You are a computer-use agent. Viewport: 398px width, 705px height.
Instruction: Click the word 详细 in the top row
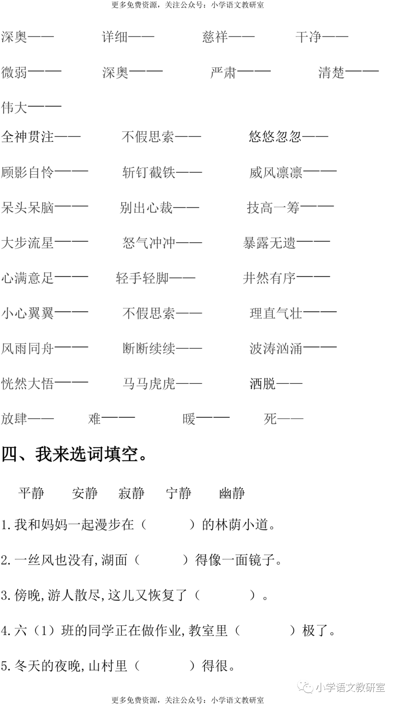coord(115,37)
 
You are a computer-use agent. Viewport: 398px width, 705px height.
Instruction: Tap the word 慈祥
coord(215,37)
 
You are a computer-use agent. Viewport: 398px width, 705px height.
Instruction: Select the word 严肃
coord(223,72)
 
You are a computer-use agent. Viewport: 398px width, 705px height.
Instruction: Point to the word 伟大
coord(14,108)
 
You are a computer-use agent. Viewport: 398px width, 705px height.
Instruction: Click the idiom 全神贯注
coord(28,137)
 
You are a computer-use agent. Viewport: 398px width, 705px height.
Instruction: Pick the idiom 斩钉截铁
coord(149,172)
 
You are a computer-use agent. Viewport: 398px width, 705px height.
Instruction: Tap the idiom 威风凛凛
coord(276,172)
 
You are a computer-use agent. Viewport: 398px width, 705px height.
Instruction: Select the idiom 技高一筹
coord(273,208)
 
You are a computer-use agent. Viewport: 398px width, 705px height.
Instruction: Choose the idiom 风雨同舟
coord(28,348)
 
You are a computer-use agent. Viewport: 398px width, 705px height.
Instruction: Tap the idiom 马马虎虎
coord(149,384)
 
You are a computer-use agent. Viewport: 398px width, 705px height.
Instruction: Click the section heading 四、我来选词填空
coord(76,454)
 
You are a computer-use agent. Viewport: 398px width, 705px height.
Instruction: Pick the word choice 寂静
coord(132,493)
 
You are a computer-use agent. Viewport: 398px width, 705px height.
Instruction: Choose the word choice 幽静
coord(232,493)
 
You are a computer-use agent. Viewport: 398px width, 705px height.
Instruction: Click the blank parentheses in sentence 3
coord(224,595)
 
